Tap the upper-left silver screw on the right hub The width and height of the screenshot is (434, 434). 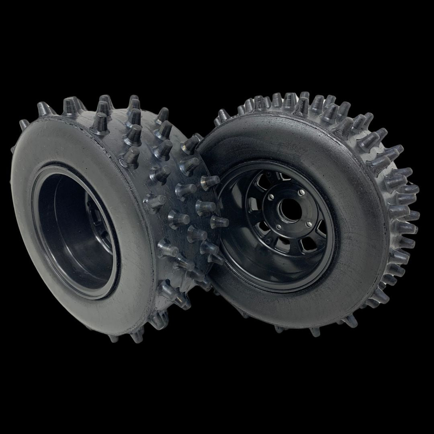[x=271, y=197]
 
